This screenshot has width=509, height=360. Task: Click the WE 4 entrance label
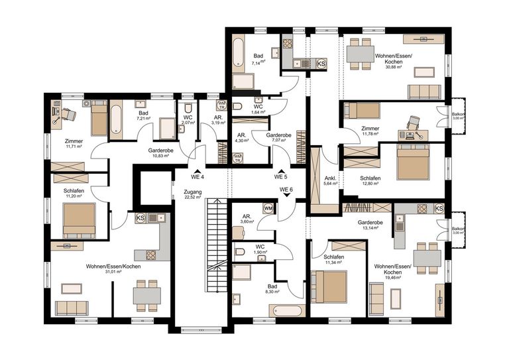(198, 177)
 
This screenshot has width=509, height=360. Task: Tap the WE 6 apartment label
(286, 190)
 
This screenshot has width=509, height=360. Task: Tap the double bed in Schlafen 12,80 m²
(412, 162)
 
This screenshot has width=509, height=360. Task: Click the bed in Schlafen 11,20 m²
(79, 219)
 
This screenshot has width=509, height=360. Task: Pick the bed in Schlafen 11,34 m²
(329, 286)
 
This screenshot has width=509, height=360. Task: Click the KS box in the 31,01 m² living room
(141, 218)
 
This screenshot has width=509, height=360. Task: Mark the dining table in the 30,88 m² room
(362, 54)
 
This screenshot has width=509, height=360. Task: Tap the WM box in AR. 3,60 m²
(268, 209)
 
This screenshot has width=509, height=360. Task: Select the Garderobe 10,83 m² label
(161, 153)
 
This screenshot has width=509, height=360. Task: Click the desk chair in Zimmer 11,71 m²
(68, 115)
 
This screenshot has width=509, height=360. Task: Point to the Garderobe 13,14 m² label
(368, 225)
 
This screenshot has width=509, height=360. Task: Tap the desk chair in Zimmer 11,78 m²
(415, 122)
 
